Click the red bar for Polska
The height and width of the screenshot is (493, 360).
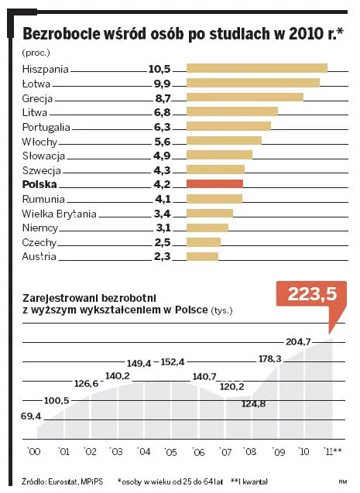pos(214,184)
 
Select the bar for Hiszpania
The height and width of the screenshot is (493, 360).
pos(256,68)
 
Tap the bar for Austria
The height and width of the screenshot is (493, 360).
pos(202,256)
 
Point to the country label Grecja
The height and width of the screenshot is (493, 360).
pos(39,98)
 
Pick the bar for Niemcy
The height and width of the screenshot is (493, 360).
pos(207,228)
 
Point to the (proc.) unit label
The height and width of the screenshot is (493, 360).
pos(36,53)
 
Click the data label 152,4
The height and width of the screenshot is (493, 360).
pos(173,362)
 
